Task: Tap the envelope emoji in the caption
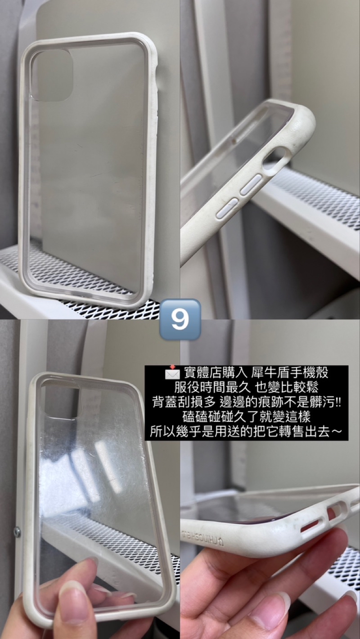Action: (x=172, y=373)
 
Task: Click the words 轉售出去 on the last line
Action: (x=306, y=432)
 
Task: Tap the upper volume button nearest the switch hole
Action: (x=251, y=184)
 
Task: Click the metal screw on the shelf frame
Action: (x=17, y=532)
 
